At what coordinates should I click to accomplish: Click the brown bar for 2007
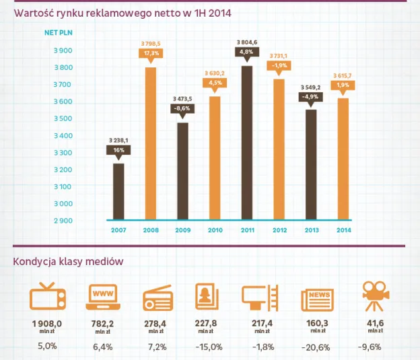click(118, 191)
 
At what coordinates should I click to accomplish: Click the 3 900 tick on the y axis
click(63, 50)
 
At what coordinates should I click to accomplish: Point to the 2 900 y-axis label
click(63, 221)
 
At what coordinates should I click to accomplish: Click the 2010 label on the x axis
click(215, 230)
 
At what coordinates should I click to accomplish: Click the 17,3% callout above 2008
click(151, 52)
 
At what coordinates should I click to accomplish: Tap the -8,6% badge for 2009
click(182, 108)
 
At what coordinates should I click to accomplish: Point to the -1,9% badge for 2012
click(279, 65)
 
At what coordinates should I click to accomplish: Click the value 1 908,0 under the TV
click(46, 324)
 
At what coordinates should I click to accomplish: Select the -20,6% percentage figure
click(316, 347)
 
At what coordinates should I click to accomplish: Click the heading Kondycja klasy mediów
click(67, 262)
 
